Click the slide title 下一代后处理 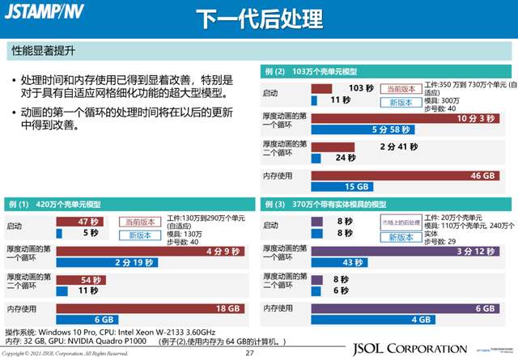260,17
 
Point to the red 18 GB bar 150,308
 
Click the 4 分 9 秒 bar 150,251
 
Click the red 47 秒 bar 82,222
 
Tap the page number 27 249,353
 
